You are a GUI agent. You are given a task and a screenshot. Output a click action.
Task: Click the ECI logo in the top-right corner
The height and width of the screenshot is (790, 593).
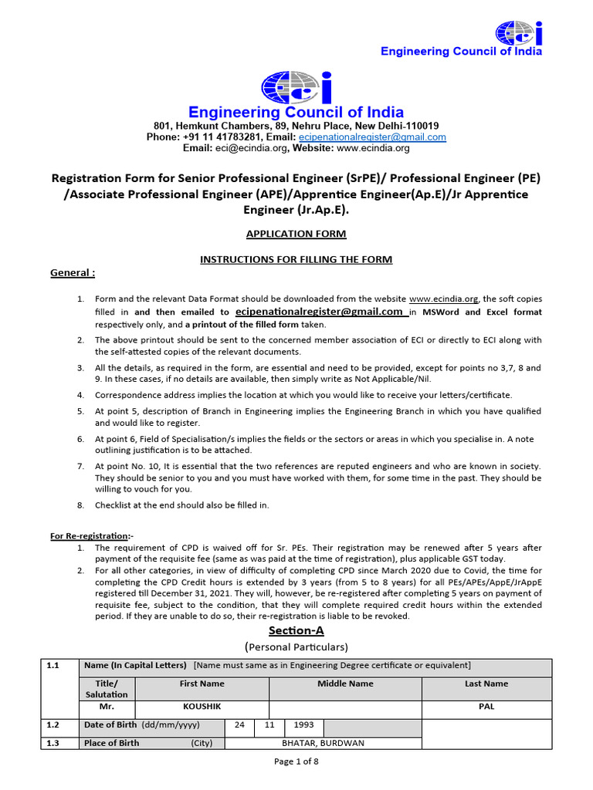[x=519, y=32]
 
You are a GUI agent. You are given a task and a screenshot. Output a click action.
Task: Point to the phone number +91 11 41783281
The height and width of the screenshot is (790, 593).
[x=225, y=137]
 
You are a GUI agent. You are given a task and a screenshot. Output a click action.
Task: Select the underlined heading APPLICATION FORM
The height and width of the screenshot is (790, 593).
[x=296, y=234]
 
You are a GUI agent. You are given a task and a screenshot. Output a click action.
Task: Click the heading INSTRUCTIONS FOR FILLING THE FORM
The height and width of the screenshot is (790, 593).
[x=296, y=259]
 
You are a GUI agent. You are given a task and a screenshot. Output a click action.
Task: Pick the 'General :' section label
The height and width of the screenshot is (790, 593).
[x=73, y=273]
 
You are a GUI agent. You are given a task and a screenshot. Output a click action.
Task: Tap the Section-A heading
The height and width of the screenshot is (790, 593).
[x=296, y=631]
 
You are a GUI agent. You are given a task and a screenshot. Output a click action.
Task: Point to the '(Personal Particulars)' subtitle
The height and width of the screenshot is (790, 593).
[x=296, y=647]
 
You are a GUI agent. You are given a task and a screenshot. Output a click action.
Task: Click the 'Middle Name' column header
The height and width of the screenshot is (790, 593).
[x=345, y=684]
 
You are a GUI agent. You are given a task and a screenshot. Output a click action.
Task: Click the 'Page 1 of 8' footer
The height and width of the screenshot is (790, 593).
[x=296, y=761]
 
